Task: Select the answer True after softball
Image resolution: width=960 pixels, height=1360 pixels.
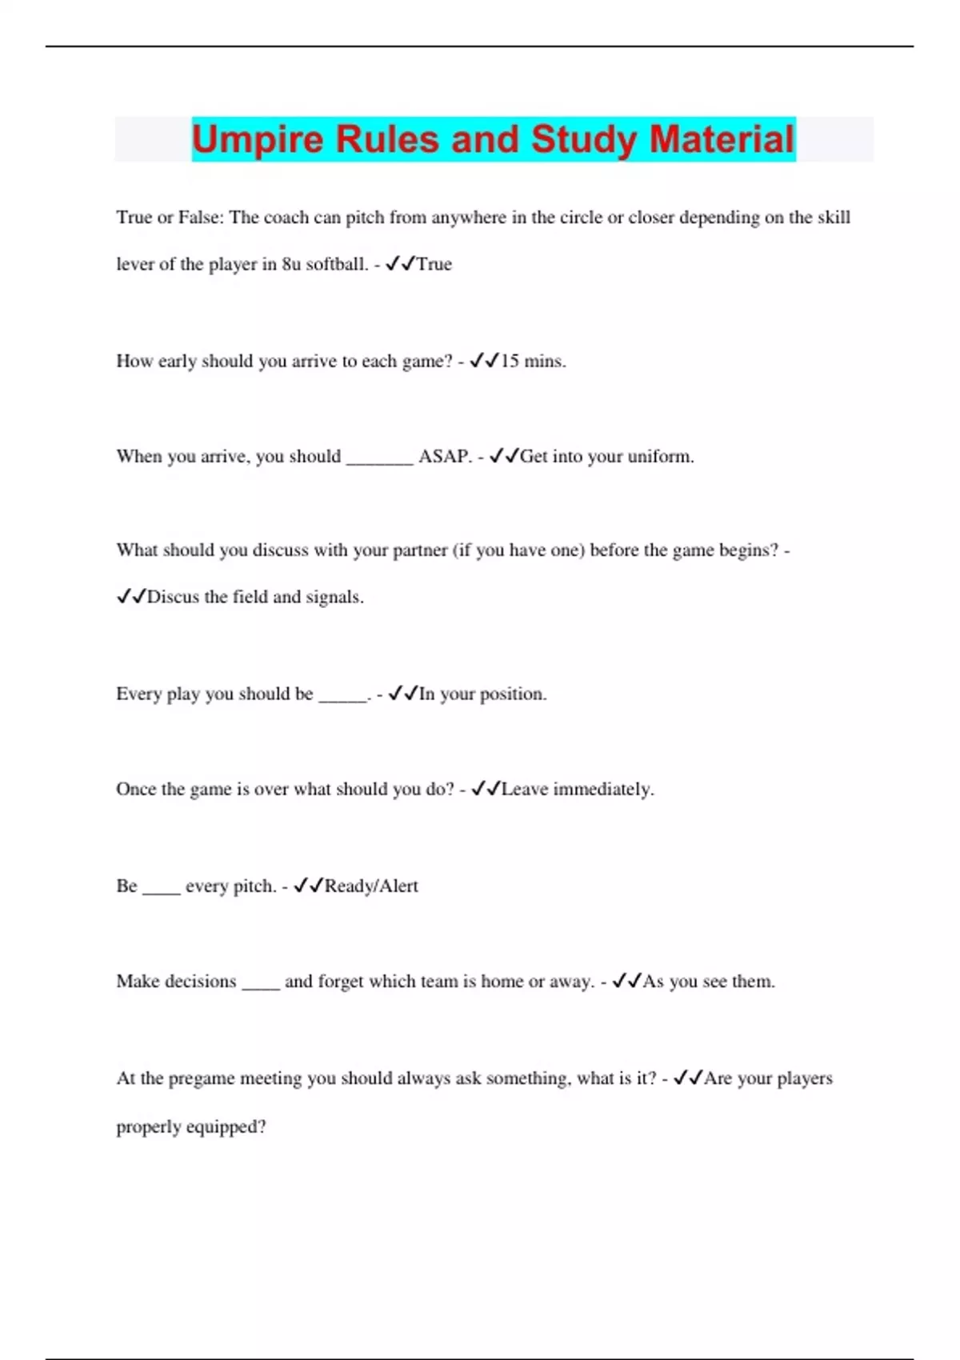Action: click(x=434, y=264)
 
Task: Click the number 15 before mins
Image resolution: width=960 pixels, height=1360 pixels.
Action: click(x=510, y=361)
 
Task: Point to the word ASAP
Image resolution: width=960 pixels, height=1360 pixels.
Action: click(x=444, y=456)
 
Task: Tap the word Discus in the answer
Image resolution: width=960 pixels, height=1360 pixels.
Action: click(x=173, y=597)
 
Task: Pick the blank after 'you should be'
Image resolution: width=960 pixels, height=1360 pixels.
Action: click(x=342, y=698)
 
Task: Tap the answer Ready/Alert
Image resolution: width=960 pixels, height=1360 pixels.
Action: click(x=371, y=886)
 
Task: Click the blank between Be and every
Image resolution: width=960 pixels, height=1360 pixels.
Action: click(x=162, y=890)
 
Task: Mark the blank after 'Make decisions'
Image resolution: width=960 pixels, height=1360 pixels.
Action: click(x=261, y=986)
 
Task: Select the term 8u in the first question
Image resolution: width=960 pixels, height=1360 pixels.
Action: click(x=291, y=264)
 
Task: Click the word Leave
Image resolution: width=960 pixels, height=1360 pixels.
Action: click(x=525, y=789)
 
